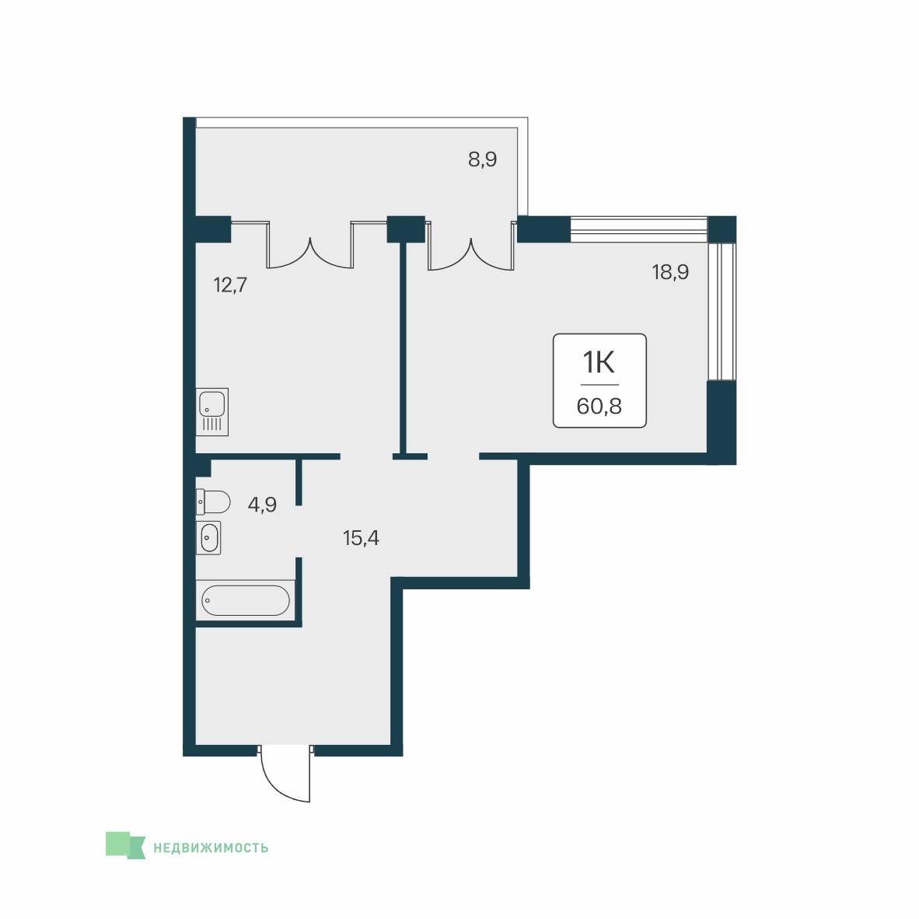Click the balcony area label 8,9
482,159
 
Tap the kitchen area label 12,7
230,285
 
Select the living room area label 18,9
670,272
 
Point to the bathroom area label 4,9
262,505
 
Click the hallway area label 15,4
361,537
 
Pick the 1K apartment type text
599,363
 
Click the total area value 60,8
599,406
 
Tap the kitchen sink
211,412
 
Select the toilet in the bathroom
213,501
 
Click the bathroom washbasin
208,538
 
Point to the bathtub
245,601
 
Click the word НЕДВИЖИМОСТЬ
211,848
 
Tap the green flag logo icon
125,845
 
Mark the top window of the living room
639,230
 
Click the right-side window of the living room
721,312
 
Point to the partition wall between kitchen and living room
404,349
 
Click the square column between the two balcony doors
406,230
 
